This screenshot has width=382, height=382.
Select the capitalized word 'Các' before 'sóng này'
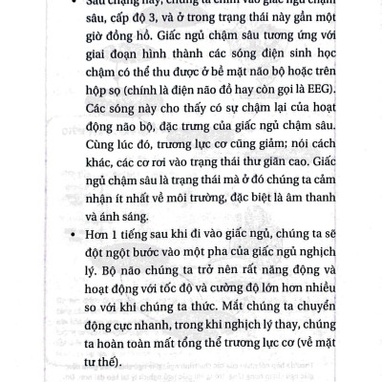[101, 115]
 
